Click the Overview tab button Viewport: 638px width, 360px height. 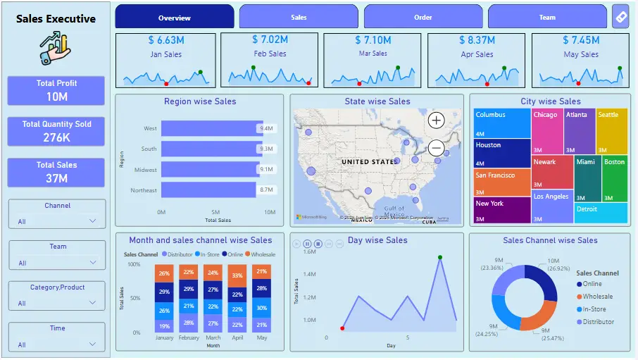click(174, 17)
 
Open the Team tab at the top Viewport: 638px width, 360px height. click(547, 17)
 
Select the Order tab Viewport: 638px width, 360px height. click(423, 17)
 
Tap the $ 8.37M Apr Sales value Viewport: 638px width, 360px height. click(477, 40)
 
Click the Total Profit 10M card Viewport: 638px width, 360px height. click(56, 90)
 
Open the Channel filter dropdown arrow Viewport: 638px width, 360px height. click(93, 221)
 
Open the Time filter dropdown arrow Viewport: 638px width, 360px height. click(93, 345)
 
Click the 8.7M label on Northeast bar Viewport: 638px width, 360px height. click(266, 190)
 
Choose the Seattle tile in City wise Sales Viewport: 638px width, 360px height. click(611, 131)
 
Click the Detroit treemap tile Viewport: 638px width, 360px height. click(601, 213)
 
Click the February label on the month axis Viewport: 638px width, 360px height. click(188, 337)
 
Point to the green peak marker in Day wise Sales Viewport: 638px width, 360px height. click(440, 257)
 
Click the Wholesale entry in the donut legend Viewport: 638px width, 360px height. click(597, 297)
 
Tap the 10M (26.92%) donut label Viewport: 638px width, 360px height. click(555, 264)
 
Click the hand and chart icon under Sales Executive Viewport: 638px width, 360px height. click(56, 50)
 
